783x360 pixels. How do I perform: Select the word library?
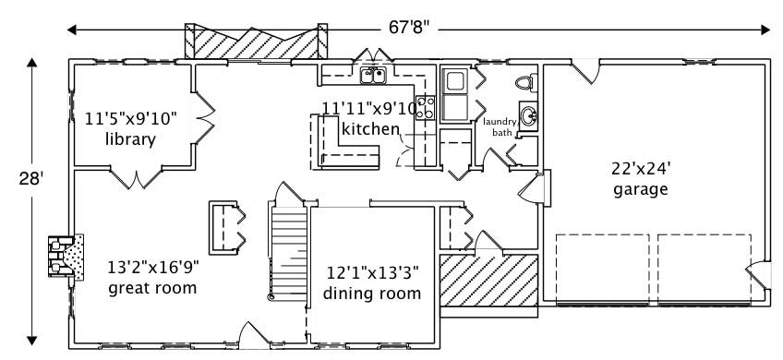(129, 139)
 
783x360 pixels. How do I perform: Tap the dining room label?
(372, 294)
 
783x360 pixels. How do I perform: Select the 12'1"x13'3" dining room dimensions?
(373, 273)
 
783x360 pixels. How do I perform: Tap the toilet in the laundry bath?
(526, 81)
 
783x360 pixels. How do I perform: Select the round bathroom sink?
(528, 116)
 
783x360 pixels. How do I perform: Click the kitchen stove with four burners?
(426, 108)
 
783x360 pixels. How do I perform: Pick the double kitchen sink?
(373, 75)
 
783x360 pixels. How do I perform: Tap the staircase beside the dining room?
(288, 249)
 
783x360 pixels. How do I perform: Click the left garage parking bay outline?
(602, 268)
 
